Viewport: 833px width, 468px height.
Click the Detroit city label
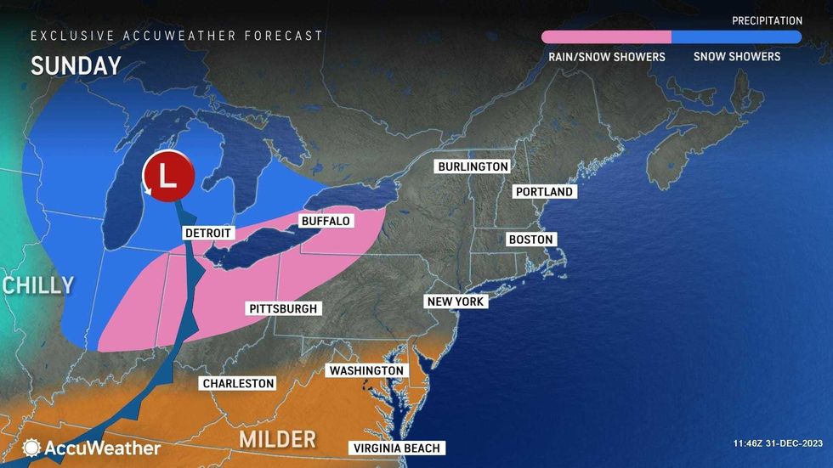click(x=207, y=233)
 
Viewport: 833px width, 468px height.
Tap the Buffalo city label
click(x=324, y=221)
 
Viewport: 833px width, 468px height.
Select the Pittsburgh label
click(x=283, y=308)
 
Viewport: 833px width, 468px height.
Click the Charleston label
click(x=238, y=383)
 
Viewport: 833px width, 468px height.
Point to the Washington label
click(x=366, y=371)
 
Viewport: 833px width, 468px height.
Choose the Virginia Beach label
click(x=397, y=448)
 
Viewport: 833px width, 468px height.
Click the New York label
click(x=456, y=302)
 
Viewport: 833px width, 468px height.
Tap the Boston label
click(x=530, y=240)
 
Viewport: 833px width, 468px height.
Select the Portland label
click(x=545, y=192)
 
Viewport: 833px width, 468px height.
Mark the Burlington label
click(x=473, y=166)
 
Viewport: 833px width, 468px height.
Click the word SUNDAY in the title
click(x=64, y=65)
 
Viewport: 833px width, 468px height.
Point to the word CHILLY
click(x=37, y=285)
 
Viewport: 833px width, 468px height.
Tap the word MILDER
click(x=277, y=439)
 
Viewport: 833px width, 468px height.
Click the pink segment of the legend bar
click(x=606, y=37)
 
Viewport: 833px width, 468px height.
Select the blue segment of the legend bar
click(x=736, y=37)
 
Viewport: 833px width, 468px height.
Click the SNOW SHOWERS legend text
click(x=736, y=57)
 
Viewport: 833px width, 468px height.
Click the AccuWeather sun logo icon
click(x=31, y=448)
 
